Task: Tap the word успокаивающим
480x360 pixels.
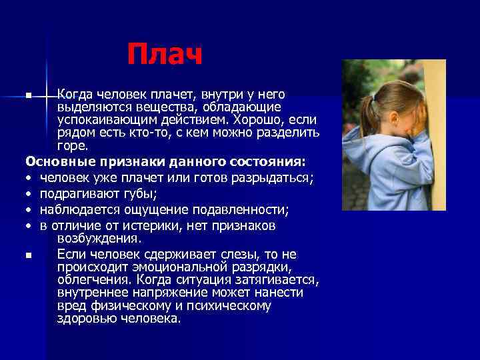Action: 103,120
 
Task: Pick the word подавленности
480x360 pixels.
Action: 247,210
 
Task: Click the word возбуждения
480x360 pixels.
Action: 99,238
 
